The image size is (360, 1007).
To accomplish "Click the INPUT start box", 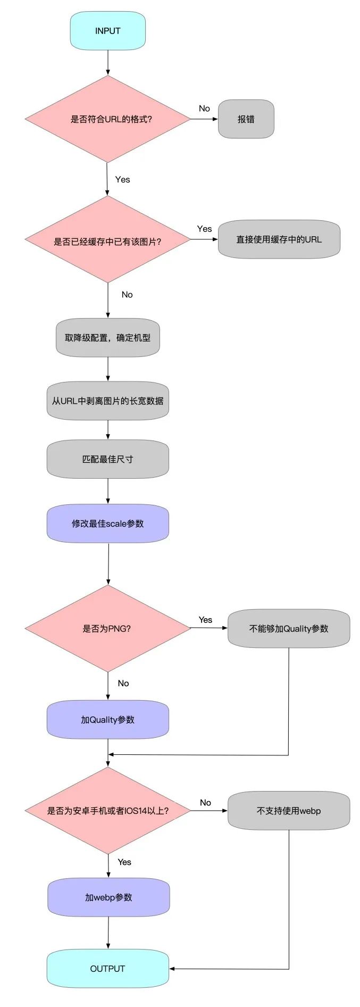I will [x=107, y=31].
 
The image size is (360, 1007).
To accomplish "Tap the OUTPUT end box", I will [x=107, y=968].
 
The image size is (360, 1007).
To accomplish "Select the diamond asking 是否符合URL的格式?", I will [x=107, y=119].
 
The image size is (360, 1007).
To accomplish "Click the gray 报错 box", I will [x=246, y=119].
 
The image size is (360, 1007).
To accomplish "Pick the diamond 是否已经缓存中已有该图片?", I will [x=107, y=240].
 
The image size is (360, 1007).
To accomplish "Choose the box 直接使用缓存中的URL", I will [x=279, y=239].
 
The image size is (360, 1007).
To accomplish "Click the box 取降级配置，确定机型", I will [x=107, y=338].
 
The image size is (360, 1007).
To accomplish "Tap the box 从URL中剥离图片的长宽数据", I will [x=107, y=401].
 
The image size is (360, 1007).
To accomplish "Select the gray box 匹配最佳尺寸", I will [x=107, y=459].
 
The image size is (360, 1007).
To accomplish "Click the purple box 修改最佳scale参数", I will [x=107, y=523].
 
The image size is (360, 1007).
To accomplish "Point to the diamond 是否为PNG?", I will [x=107, y=628].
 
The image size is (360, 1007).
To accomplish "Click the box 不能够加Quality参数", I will [x=288, y=628].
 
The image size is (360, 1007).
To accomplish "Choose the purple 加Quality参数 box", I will [x=107, y=720].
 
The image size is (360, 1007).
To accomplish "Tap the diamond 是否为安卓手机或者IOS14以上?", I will [x=107, y=811].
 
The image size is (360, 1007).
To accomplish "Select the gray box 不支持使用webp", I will [x=288, y=811].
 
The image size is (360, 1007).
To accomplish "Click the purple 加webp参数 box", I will [x=108, y=897].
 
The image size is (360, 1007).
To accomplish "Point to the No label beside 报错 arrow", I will [x=204, y=109].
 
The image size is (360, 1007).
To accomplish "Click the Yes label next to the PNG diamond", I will [x=205, y=620].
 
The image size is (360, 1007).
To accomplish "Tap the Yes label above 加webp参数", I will [x=124, y=862].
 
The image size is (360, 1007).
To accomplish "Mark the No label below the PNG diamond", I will [x=123, y=683].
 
